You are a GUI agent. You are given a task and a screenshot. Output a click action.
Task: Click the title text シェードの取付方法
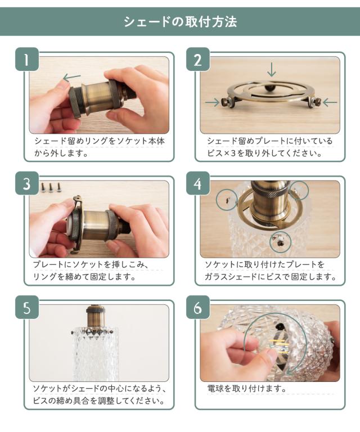coord(180,22)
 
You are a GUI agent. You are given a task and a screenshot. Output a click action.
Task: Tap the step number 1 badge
coord(26,59)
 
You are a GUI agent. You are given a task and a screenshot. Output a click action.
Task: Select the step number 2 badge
coord(198,59)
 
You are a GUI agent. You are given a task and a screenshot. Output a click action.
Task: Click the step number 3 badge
coord(26,183)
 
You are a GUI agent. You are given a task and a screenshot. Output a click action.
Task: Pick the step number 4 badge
coord(198,183)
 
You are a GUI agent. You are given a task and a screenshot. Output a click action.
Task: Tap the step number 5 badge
coord(26,307)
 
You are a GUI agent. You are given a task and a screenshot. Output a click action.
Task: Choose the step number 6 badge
coord(198,307)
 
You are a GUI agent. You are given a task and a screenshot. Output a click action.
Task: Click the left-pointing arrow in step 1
coord(71,78)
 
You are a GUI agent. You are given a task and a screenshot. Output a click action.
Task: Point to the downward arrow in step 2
coord(272,70)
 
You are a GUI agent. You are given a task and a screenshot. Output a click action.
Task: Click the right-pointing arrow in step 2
coord(213,103)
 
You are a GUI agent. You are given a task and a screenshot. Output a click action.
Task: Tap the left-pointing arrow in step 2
coord(330,103)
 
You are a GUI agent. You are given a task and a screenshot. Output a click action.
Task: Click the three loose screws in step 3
coord(51,187)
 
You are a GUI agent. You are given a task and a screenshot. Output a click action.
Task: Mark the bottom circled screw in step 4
coord(280,242)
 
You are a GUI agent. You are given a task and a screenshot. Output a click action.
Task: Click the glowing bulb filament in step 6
coord(279,346)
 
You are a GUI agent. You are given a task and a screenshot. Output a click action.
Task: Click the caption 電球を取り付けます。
coord(247,389)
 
